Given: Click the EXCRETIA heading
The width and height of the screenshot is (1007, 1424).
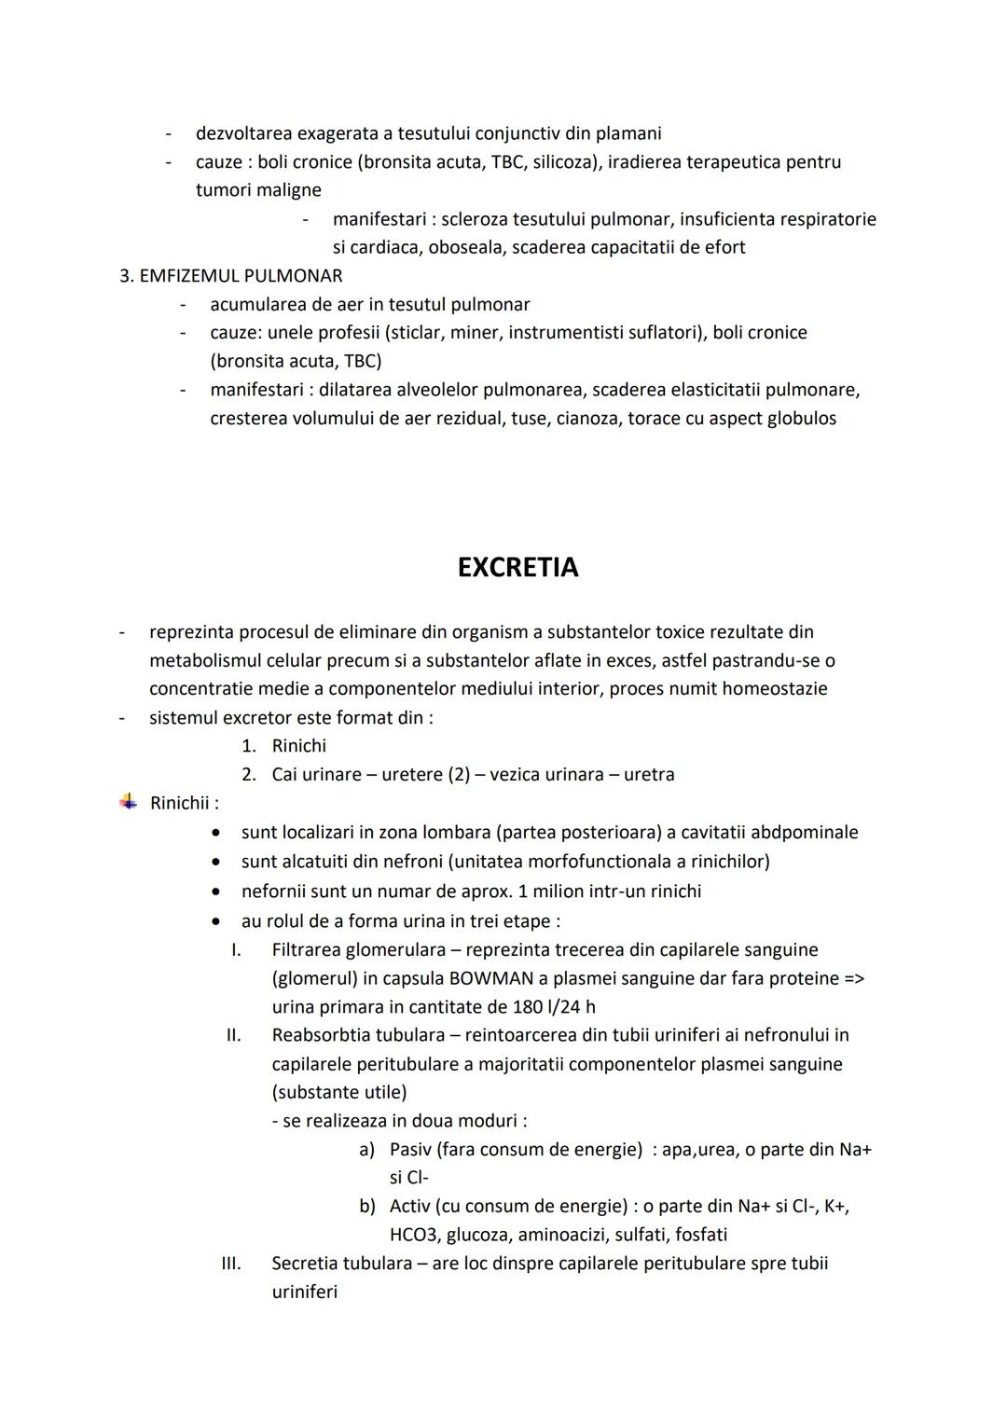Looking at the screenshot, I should pos(517,567).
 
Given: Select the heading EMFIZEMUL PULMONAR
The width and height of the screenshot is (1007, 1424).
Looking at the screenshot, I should pos(241,276).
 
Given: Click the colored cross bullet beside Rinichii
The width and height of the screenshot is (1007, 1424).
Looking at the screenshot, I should pos(128,802).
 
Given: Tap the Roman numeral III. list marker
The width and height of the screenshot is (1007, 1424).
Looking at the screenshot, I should pos(230,1264).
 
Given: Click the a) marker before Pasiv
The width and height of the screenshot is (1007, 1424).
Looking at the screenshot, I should pos(367,1150).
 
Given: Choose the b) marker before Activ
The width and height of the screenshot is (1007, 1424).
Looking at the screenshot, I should pos(367,1207).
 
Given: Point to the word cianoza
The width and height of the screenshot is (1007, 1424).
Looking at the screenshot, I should pos(587,419).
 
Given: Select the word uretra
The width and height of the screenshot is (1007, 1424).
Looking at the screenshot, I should pos(649,775).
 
